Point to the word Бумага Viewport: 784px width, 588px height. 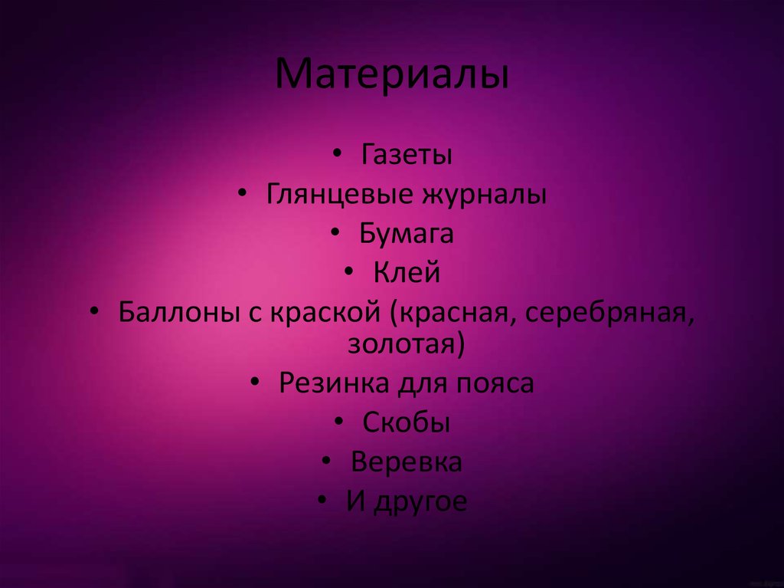tap(406, 233)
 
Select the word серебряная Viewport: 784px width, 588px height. tap(607, 312)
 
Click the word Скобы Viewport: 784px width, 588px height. tap(406, 422)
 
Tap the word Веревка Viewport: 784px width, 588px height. tap(406, 462)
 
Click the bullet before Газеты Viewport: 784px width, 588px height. tap(338, 156)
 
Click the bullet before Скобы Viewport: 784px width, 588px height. tap(339, 422)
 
